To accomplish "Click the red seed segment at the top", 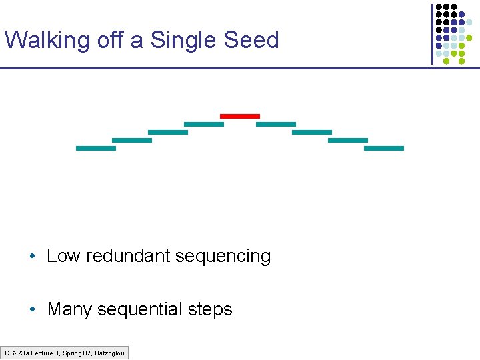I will tap(240, 116).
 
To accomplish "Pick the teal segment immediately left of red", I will tap(204, 124).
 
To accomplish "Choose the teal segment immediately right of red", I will tap(276, 124).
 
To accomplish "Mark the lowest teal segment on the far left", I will tap(96, 148).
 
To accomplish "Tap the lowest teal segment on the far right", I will tap(384, 148).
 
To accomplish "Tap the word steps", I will tap(210, 310).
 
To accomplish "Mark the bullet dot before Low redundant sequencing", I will tap(32, 257).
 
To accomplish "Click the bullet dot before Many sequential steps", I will tap(32, 310).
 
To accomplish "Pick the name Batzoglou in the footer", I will tap(109, 353).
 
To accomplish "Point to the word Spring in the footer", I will tap(67, 353).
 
